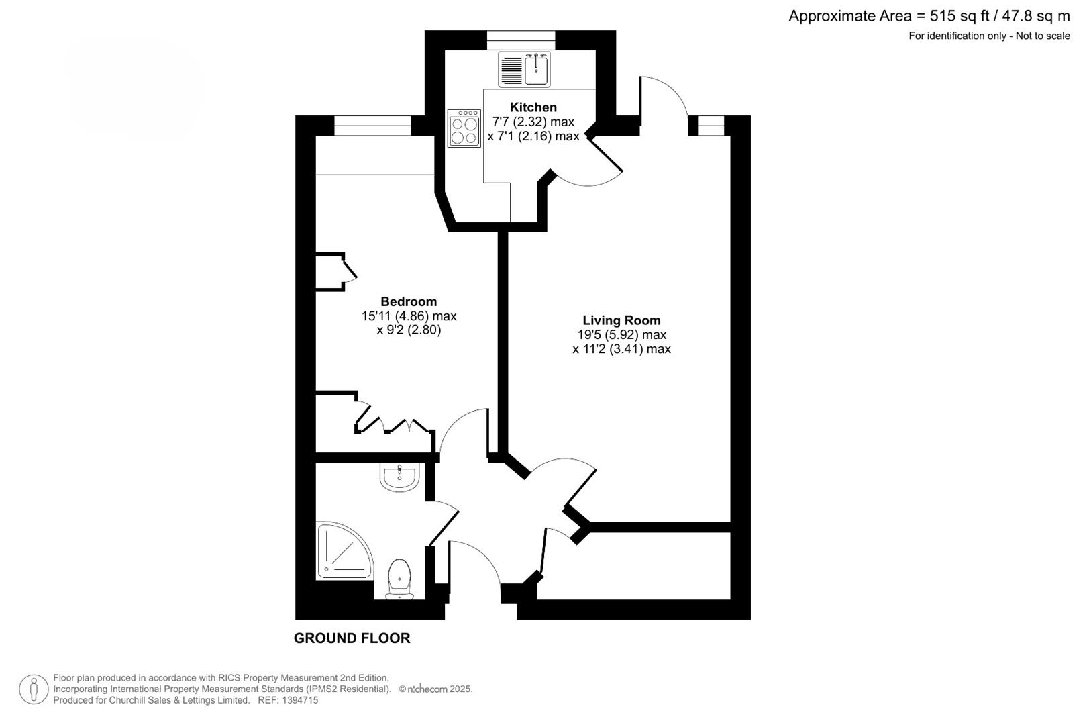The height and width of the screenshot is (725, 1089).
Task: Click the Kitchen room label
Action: click(x=533, y=107)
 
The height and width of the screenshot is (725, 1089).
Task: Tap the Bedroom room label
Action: click(x=409, y=301)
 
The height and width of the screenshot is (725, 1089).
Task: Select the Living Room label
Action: click(x=621, y=320)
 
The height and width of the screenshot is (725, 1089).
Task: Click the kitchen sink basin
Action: click(x=536, y=70)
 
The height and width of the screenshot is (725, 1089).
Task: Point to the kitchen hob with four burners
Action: click(x=464, y=128)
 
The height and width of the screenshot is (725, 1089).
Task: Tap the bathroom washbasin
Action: click(x=399, y=477)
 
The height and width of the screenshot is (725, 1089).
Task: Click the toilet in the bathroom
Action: click(x=400, y=579)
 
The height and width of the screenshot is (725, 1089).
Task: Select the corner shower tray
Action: click(x=344, y=551)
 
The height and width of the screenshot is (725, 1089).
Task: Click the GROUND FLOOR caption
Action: click(x=352, y=638)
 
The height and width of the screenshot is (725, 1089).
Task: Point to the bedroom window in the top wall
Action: click(x=372, y=126)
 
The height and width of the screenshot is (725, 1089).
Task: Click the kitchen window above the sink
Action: click(x=521, y=40)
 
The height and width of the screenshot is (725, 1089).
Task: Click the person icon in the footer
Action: click(x=34, y=689)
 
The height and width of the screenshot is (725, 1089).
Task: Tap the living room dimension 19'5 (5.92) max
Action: click(x=621, y=335)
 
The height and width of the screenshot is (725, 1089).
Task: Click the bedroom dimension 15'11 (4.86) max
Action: click(x=409, y=316)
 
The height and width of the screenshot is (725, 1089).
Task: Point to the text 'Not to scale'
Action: click(x=1043, y=36)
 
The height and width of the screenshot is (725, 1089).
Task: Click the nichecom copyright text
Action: click(x=435, y=689)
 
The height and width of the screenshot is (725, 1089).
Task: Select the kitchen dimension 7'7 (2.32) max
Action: click(x=533, y=122)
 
